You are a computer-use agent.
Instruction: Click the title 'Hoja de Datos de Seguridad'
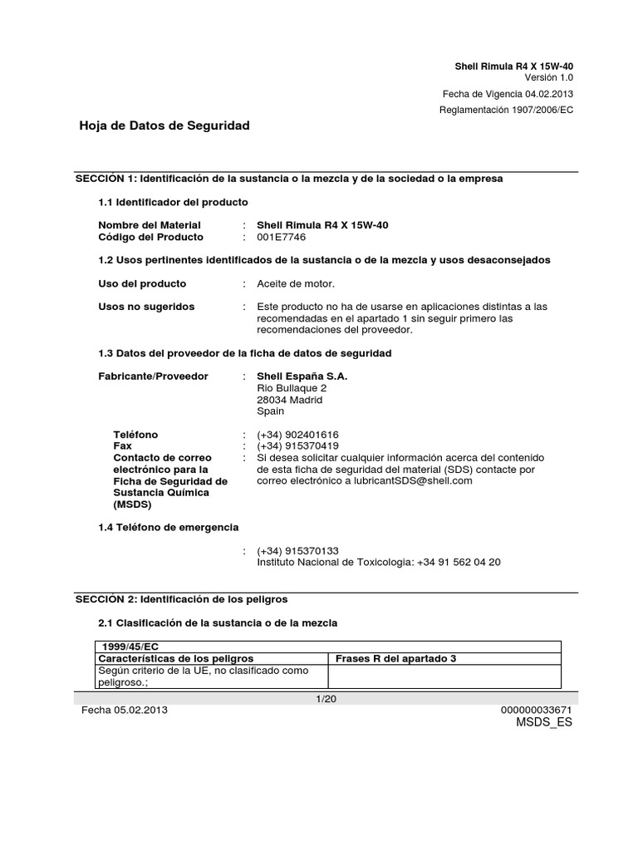point(164,125)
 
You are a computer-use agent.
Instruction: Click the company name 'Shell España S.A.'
point(302,376)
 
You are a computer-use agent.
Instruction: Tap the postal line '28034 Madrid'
point(290,400)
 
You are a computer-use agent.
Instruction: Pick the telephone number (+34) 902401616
point(297,435)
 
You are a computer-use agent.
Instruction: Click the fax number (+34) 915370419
point(297,446)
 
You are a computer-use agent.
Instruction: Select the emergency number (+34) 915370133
point(297,551)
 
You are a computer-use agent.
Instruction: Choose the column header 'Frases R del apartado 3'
point(395,658)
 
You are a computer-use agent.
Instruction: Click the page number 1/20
point(326,699)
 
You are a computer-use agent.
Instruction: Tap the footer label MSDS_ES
point(544,722)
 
